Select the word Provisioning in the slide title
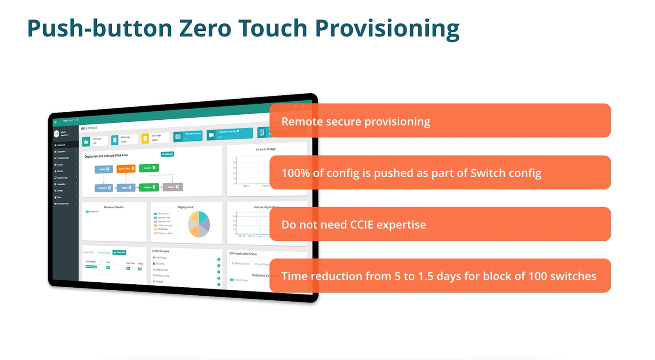387,29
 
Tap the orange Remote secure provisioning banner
440,121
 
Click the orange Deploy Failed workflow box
126,168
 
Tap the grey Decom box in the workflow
172,187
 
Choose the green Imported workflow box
149,168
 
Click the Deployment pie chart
199,224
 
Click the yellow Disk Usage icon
145,139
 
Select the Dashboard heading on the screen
90,128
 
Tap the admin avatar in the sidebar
56,134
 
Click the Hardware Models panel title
113,207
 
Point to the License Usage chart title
266,149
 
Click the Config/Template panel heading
160,251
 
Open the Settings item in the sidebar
60,191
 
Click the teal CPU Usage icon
86,142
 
